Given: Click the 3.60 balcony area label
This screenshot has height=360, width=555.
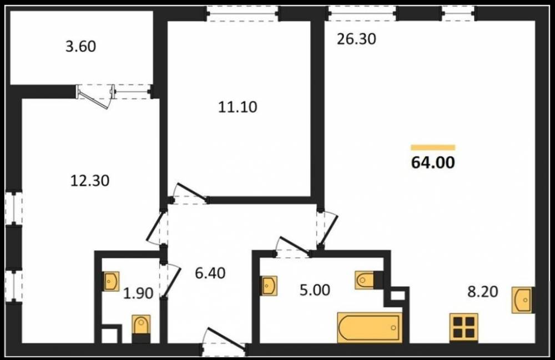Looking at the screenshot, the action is click(80, 47).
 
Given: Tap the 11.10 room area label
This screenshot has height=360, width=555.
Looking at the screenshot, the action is click(238, 107).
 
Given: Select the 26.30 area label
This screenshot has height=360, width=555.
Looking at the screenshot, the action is click(356, 39).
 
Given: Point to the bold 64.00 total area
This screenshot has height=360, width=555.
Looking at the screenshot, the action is click(433, 163).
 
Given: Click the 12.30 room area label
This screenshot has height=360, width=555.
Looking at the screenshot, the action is click(90, 181).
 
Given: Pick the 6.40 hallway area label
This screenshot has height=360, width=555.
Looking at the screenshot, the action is click(210, 273).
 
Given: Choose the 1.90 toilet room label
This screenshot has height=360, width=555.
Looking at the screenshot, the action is click(138, 293).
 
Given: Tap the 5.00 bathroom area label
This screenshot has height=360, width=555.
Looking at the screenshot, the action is click(315, 290).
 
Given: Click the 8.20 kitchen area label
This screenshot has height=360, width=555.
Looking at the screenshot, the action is click(483, 292).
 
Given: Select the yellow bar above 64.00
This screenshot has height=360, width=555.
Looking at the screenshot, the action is click(433, 148).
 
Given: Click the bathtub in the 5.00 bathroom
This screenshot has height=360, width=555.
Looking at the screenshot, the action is click(370, 327).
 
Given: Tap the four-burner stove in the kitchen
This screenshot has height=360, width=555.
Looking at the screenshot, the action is click(463, 328).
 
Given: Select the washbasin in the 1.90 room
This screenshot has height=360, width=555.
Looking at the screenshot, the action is click(111, 281).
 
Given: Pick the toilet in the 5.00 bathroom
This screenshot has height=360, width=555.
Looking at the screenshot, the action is click(365, 281).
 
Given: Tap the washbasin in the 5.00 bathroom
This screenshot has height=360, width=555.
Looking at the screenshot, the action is click(269, 286).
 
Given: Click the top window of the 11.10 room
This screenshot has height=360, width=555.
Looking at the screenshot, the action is click(243, 13).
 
